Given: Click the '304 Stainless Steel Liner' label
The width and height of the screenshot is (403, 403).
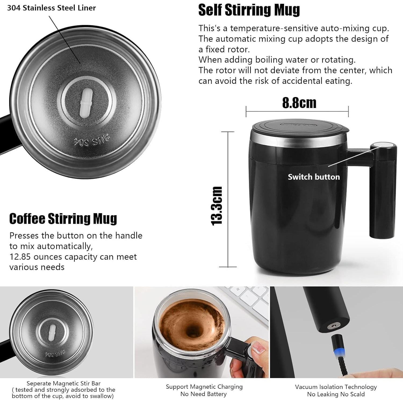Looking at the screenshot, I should point(51,8).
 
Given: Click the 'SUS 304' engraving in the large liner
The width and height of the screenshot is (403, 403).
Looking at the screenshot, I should point(91,141).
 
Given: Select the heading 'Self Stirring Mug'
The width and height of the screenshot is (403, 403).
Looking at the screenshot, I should point(249,10).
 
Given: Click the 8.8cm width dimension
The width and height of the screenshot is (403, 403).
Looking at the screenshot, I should point(299,103).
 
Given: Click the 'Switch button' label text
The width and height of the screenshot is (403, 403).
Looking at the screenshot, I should point(314,177).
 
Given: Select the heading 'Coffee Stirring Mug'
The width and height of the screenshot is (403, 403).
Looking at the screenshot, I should point(63,219).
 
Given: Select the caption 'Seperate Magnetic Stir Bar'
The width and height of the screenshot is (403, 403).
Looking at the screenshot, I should point(63,383).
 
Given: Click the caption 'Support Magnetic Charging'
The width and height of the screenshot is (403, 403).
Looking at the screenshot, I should point(204,387).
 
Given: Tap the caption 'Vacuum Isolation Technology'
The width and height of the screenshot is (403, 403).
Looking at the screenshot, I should point(336,387).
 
